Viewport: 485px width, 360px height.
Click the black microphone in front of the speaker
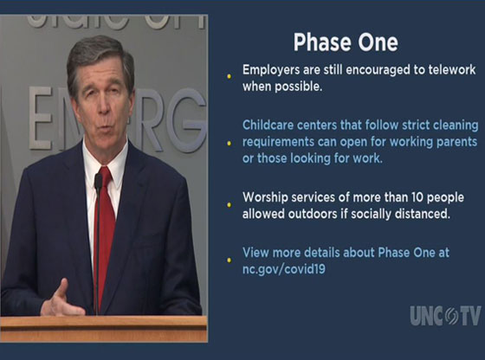pos(98,183)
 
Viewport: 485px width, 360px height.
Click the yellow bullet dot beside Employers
pos(230,77)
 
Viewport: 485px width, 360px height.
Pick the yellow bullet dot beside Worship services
pos(230,205)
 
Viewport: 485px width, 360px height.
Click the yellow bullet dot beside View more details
pos(230,259)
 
